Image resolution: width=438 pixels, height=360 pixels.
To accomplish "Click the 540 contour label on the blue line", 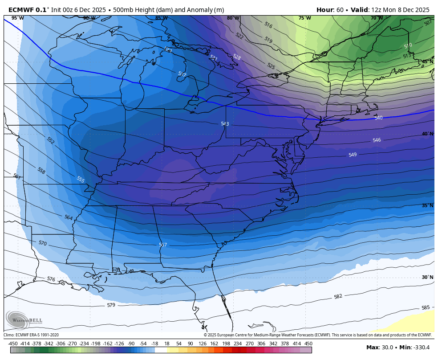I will click(x=378, y=118).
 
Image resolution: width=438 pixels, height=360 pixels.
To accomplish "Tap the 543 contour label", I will click(x=225, y=124).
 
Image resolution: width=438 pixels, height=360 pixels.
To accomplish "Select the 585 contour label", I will click(x=426, y=307).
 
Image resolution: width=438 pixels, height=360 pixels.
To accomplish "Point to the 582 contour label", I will click(x=338, y=296).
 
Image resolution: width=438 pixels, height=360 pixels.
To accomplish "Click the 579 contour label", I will click(x=111, y=305).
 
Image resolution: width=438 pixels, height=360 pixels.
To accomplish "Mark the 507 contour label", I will click(x=428, y=23).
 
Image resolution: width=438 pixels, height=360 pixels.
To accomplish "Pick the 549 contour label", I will click(x=353, y=155).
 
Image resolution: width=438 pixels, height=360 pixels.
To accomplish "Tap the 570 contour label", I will click(x=42, y=243).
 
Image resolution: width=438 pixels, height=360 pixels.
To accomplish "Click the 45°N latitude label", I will click(x=427, y=61).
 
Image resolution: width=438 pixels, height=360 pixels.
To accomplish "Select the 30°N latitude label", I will click(x=427, y=277).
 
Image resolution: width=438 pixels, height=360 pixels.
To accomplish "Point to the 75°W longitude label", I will click(x=304, y=18).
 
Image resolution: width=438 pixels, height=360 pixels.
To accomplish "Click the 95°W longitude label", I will click(x=17, y=18).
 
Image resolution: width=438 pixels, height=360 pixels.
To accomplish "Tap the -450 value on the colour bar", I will click(x=13, y=344).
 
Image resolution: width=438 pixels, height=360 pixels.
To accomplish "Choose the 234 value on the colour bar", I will click(x=238, y=344).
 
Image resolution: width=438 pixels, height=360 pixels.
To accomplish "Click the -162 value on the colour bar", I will click(x=107, y=344).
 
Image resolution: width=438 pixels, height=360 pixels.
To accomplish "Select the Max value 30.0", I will click(x=386, y=348).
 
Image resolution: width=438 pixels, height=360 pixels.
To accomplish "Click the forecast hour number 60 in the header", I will click(x=337, y=10).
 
